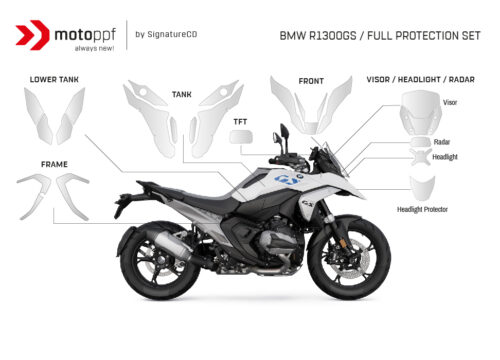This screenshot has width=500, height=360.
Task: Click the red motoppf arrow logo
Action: [35, 34]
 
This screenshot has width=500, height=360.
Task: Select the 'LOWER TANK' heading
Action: [54, 78]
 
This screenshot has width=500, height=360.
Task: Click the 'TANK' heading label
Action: [181, 94]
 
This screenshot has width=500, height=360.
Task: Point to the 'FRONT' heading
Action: [311, 81]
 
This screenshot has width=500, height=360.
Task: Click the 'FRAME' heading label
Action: [54, 161]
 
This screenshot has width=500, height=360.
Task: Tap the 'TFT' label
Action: [241, 122]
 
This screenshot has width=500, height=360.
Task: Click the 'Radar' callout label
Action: [441, 142]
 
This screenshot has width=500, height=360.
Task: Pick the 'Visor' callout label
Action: [450, 102]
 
